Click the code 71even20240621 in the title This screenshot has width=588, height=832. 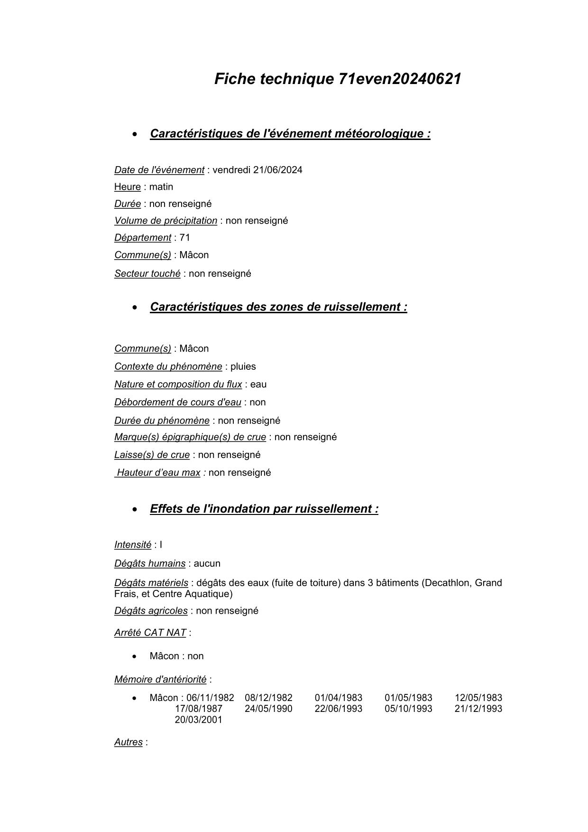pos(400,79)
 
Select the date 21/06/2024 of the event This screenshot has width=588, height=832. pos(277,170)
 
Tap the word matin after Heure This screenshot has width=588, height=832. pos(161,187)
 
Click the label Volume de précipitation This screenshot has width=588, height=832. pos(165,221)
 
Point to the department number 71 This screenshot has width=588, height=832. pos(184,238)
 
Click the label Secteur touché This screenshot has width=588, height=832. pos(147,274)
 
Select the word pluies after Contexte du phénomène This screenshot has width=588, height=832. pos(243,367)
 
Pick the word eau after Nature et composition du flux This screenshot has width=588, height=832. pos(258,384)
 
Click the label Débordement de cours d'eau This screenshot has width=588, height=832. pos(177,402)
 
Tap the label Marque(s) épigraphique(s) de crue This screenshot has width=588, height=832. pos(190,437)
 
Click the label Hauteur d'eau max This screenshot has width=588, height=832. pos(158,473)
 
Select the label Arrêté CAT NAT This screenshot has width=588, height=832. pos(150,633)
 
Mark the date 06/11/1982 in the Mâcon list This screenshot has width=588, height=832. pos(210,698)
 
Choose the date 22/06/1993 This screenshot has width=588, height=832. pos(339,709)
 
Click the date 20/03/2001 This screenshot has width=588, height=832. pos(198,720)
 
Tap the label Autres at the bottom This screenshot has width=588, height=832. pos(128,742)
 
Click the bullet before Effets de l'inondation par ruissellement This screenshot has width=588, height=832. pos(136,510)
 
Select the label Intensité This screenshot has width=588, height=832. pos(133,545)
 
